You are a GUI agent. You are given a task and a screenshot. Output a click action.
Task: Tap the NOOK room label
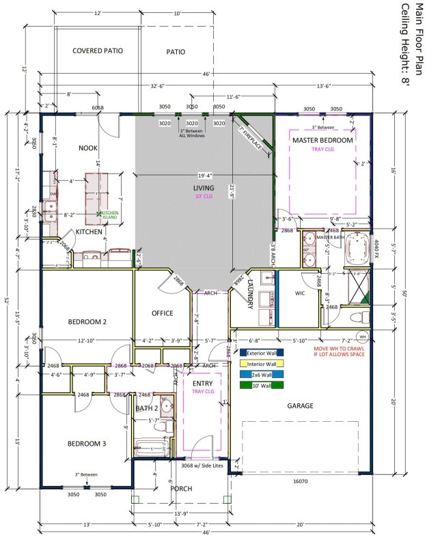[88, 148]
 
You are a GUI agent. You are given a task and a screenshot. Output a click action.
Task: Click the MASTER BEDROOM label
[322, 140]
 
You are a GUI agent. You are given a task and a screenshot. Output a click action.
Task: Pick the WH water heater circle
[363, 336]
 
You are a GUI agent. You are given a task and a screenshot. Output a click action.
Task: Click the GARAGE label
[299, 405]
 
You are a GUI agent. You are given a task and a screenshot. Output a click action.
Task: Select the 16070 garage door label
[301, 480]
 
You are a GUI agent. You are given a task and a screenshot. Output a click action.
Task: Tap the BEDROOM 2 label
[87, 321]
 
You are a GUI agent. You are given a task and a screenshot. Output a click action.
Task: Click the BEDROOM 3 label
[87, 444]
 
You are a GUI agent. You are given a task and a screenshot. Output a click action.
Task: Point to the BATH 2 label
[146, 408]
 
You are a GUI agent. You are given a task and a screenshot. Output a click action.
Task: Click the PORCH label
[182, 489]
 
